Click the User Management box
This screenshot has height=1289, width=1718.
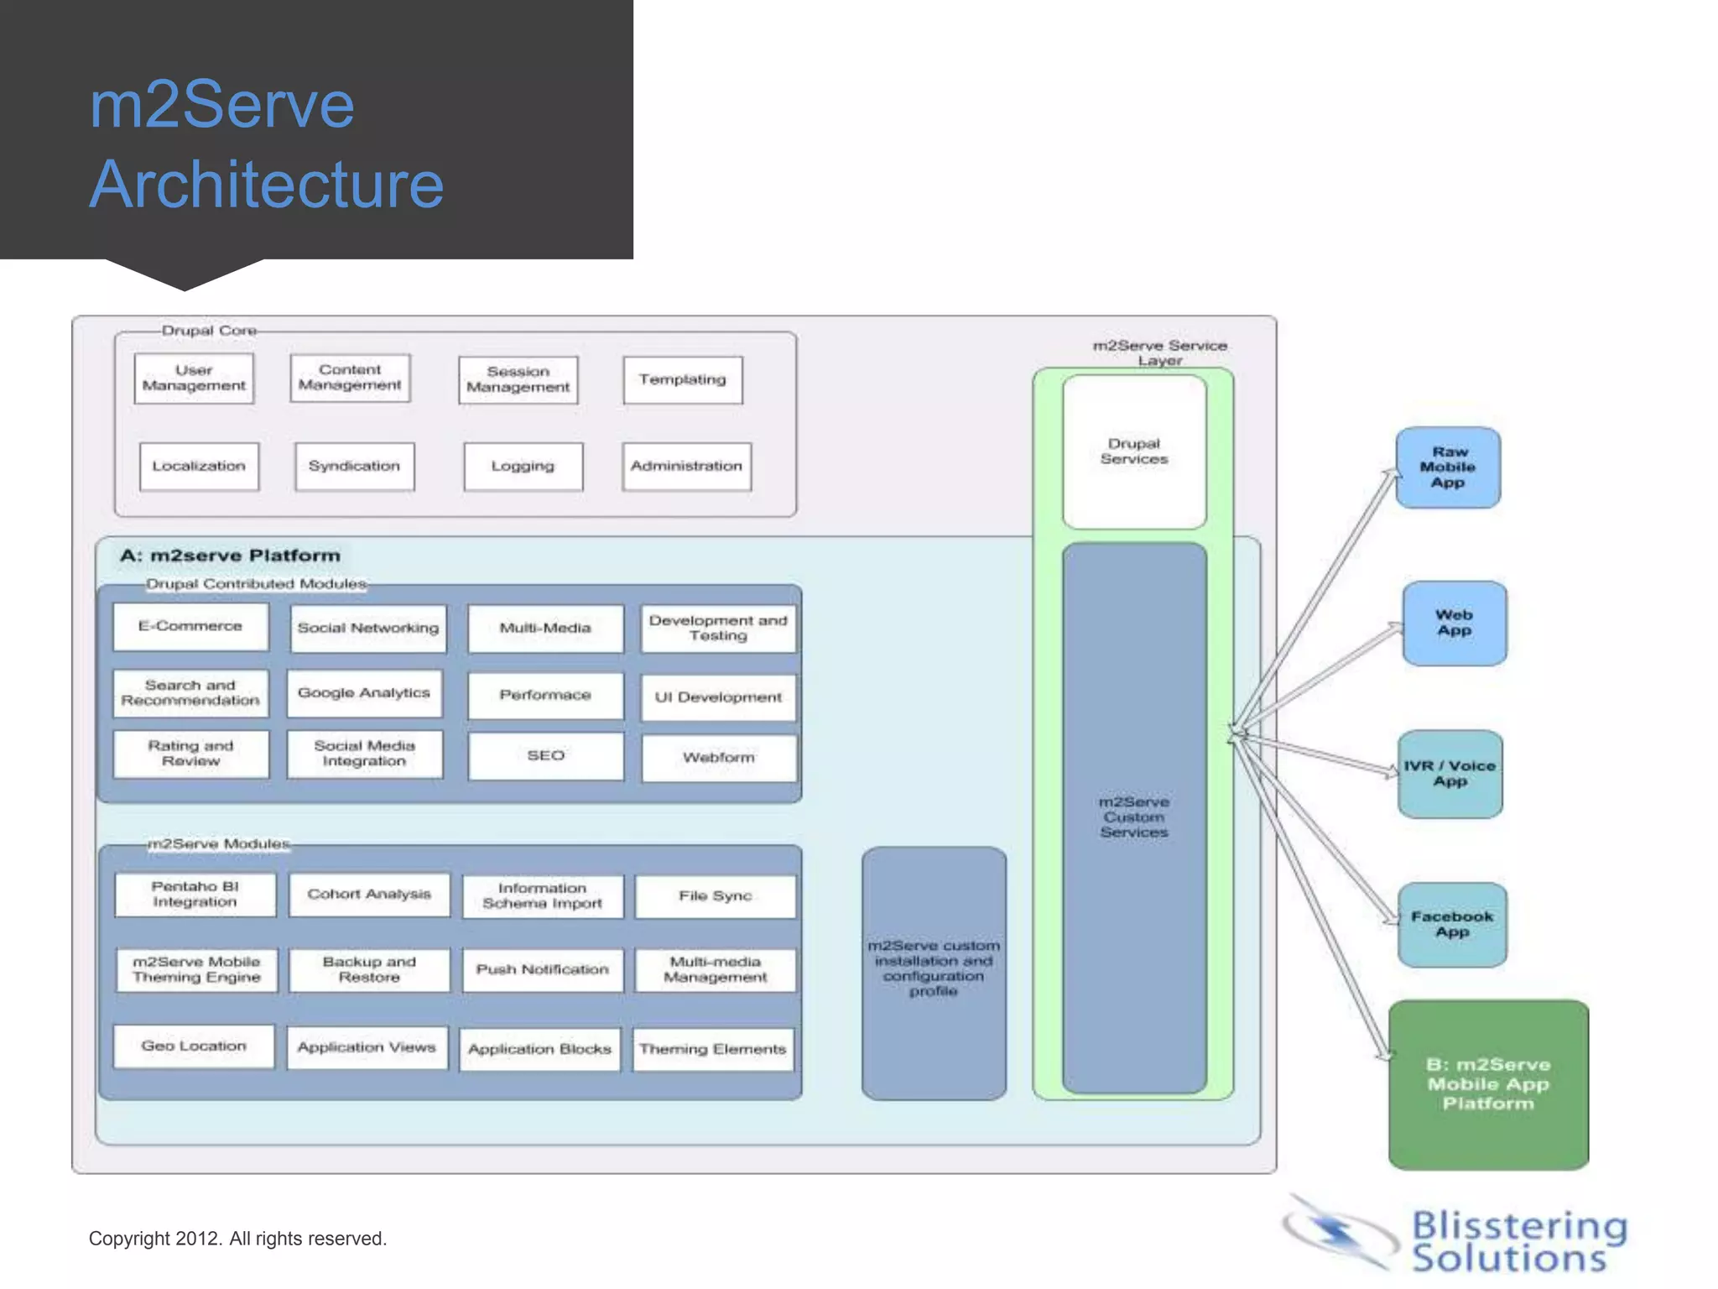pyautogui.click(x=194, y=378)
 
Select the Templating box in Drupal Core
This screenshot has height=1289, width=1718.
pyautogui.click(x=683, y=380)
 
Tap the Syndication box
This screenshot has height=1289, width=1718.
pyautogui.click(x=354, y=467)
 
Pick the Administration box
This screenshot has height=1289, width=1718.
pyautogui.click(x=686, y=467)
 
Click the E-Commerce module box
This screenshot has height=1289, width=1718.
pyautogui.click(x=190, y=627)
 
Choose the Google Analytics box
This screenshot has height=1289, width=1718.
pyautogui.click(x=364, y=693)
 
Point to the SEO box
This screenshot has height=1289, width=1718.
pyautogui.click(x=545, y=756)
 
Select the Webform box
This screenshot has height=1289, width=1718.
pyautogui.click(x=718, y=758)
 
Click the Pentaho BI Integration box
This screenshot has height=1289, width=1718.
pyautogui.click(x=195, y=895)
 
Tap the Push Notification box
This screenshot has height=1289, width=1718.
pyautogui.click(x=543, y=970)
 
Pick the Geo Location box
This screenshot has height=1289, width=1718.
pyautogui.click(x=194, y=1046)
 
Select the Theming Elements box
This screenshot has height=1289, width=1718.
pyautogui.click(x=713, y=1049)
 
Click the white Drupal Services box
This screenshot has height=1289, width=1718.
pyautogui.click(x=1134, y=452)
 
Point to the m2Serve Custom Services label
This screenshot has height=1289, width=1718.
pyautogui.click(x=1134, y=817)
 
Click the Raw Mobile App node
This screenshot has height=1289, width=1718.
pyautogui.click(x=1448, y=467)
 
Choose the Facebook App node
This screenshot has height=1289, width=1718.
pyautogui.click(x=1452, y=925)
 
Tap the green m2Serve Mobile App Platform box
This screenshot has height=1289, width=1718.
pyautogui.click(x=1488, y=1084)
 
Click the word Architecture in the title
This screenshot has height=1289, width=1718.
pyautogui.click(x=267, y=185)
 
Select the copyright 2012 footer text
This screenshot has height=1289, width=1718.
pyautogui.click(x=237, y=1239)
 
